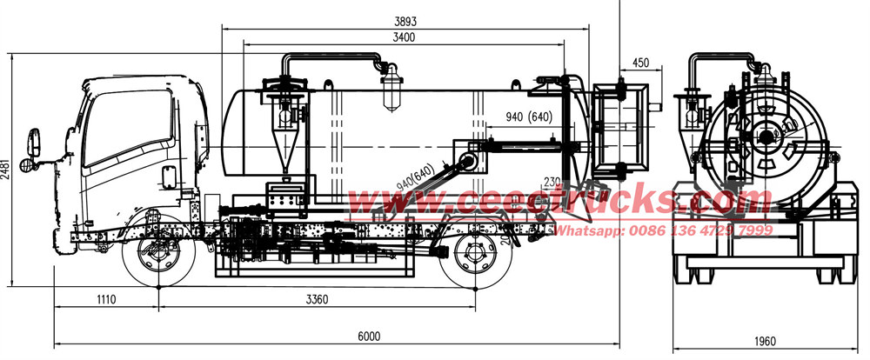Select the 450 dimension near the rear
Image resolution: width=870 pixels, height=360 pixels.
641,62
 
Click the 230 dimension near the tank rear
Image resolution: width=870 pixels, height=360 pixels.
551,182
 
